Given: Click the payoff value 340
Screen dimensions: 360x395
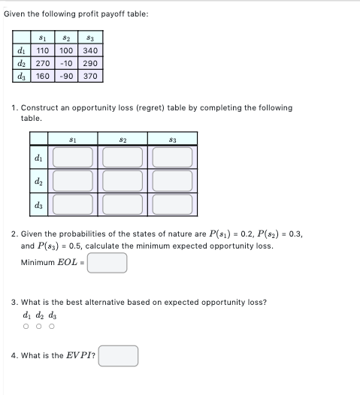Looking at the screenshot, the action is click(x=90, y=51).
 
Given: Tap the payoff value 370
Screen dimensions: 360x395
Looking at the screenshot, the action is click(x=90, y=76).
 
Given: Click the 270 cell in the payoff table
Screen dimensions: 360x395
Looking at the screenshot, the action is click(x=43, y=64).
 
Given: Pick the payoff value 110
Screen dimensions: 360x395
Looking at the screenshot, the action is click(x=43, y=51).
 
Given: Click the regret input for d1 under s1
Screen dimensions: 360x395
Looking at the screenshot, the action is click(x=74, y=158).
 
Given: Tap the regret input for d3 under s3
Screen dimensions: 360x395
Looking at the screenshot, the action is click(x=173, y=204).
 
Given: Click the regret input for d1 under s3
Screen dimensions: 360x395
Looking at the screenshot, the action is click(x=173, y=158).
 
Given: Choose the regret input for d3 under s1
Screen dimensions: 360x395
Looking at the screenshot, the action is click(x=74, y=204).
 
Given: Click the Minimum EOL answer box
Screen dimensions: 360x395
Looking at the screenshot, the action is click(x=107, y=263).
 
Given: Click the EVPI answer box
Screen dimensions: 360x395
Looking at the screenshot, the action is click(x=118, y=355).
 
